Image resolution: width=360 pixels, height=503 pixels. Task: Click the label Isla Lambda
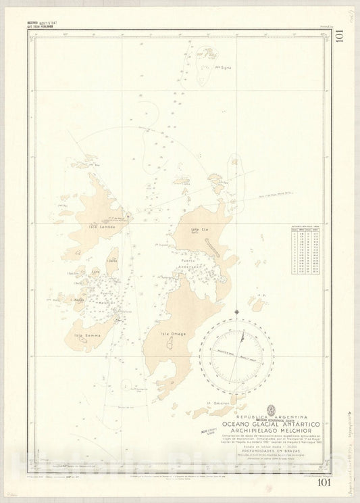[x=100, y=227]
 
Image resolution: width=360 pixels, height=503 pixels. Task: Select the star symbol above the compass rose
[x=236, y=311]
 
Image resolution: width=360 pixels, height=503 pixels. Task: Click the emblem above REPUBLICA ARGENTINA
[x=272, y=389]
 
